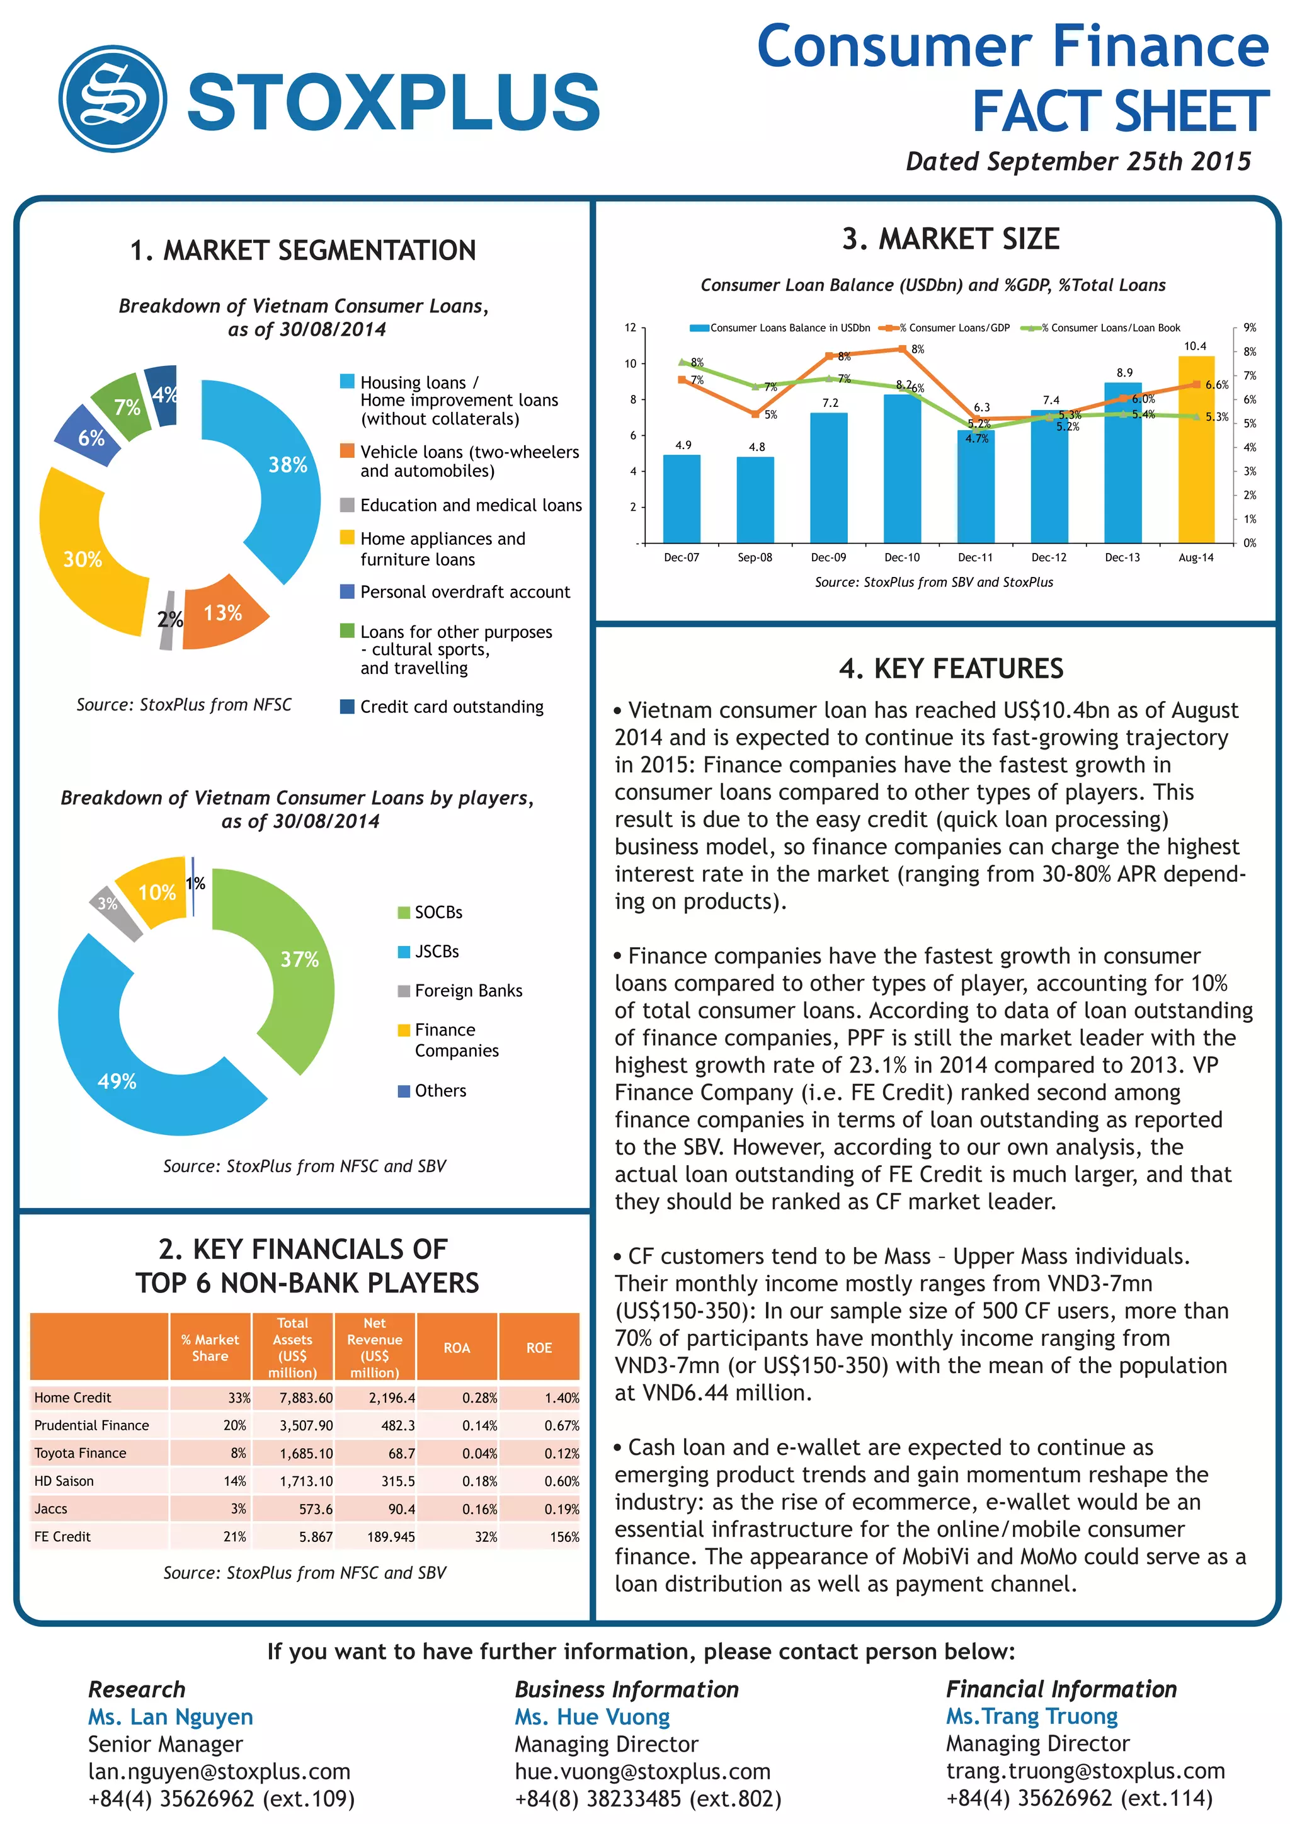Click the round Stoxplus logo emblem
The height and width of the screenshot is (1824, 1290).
pos(113,98)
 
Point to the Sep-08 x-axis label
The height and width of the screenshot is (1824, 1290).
pos(755,557)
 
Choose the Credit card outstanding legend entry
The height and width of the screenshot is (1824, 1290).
pos(451,707)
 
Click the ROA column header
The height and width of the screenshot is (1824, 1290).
pos(457,1348)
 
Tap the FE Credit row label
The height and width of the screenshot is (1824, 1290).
pos(63,1536)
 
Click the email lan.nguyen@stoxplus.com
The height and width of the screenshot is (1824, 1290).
pos(219,1772)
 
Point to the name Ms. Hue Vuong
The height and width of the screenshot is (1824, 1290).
pos(592,1717)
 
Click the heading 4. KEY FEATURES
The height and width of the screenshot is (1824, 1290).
pos(951,669)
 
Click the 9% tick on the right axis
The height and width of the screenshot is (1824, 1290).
pos(1250,328)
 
